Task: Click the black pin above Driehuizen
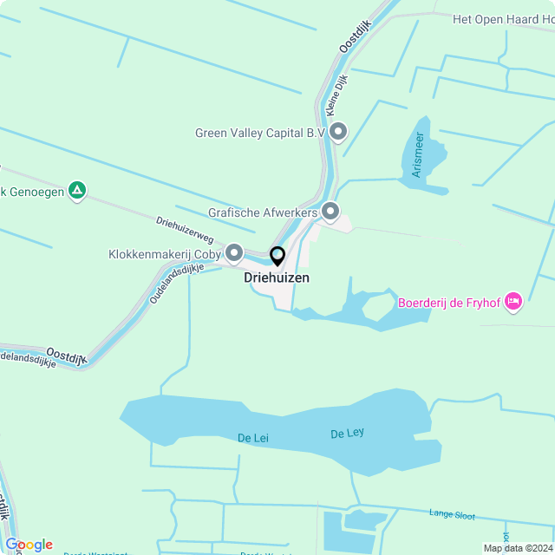[277, 257]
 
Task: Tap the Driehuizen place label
[277, 278]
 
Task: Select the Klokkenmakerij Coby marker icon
[234, 253]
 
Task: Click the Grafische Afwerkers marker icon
[330, 211]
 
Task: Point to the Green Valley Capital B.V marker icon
[338, 132]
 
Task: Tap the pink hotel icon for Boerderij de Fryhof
[513, 302]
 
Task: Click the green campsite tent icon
[77, 191]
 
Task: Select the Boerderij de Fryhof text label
[450, 303]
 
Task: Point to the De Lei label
[253, 438]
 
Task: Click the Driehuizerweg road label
[185, 229]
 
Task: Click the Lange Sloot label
[452, 514]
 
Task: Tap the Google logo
[29, 545]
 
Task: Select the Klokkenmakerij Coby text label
[165, 254]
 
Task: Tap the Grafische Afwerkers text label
[264, 212]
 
